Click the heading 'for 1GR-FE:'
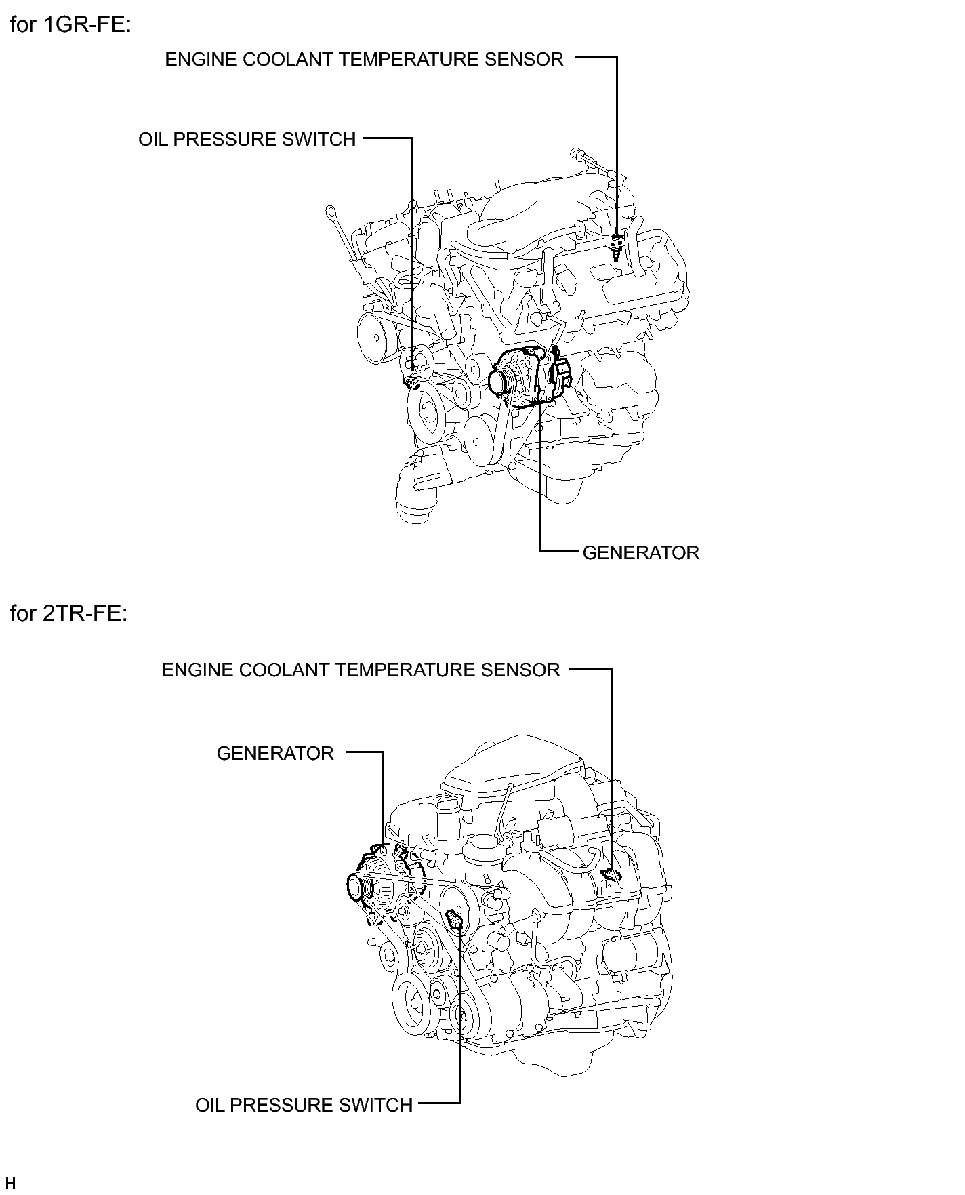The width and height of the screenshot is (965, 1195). pyautogui.click(x=70, y=26)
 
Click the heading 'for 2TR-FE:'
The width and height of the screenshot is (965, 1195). pyautogui.click(x=69, y=613)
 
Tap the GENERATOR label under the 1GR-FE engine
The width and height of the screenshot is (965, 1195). pyautogui.click(x=640, y=553)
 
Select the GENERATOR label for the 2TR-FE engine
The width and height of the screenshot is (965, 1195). pyautogui.click(x=275, y=754)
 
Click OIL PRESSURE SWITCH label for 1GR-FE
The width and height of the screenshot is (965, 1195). pyautogui.click(x=247, y=140)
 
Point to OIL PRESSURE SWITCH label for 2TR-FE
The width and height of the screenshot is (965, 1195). pyautogui.click(x=304, y=1106)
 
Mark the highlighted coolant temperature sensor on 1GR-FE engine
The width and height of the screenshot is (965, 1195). pyautogui.click(x=616, y=246)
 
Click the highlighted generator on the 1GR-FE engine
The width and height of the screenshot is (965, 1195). pyautogui.click(x=529, y=378)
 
